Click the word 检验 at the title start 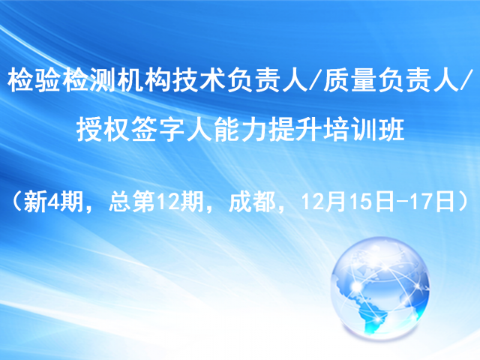pos(33,80)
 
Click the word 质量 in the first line pos(349,80)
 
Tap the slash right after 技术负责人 pos(316,80)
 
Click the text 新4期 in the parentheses pos(53,202)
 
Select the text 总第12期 pos(156,202)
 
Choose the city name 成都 pos(252,202)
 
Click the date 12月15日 pos(347,202)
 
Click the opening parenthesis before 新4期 pos(16,202)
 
